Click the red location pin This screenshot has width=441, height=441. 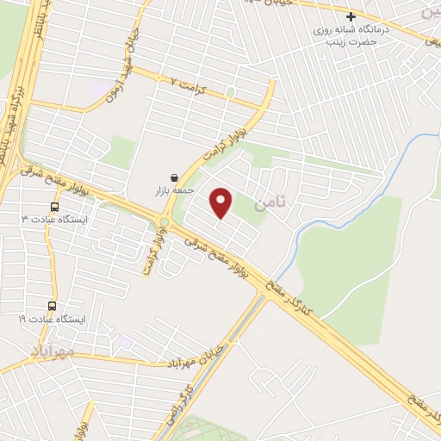[x=222, y=202]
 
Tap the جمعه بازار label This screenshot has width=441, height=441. [x=179, y=190]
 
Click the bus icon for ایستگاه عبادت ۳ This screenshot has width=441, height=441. [x=55, y=207]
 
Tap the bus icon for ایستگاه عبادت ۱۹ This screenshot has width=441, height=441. [x=52, y=306]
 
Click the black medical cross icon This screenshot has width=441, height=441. [x=351, y=16]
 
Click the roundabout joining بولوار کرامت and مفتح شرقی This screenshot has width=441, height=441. [x=164, y=224]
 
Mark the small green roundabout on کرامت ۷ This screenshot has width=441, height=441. [x=230, y=91]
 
